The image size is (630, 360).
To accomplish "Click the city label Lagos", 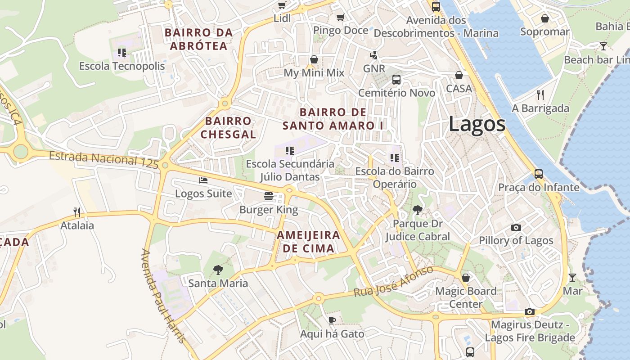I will coord(477,124).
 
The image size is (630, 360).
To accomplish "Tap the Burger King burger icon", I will coord(269,196).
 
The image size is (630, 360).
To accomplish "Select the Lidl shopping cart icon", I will coord(282,5).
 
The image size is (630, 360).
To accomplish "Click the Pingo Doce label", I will coord(341,30).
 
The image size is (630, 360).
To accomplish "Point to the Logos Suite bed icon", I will coord(203,180).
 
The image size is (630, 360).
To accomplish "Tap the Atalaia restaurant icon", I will coord(77,212).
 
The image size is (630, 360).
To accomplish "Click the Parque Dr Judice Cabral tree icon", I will coord(418,210).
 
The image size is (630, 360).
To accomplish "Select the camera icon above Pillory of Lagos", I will coord(516,227).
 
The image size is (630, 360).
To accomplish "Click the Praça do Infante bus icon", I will coord(538,174).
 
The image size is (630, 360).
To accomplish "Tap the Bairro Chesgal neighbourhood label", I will coord(228,127).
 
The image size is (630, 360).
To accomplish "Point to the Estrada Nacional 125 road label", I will coord(103,160).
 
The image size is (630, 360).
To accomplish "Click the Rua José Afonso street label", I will coord(393,281).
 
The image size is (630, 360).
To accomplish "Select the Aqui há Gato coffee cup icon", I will coord(332,320).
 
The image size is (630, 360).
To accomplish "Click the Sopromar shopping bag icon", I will coord(544,18).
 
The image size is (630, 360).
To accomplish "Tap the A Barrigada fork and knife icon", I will coord(540,95).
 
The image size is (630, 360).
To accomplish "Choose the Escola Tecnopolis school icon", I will coord(122,53).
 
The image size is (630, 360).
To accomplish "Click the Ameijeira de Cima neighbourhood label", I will coord(308,242).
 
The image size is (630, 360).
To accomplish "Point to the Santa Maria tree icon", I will coord(218,270).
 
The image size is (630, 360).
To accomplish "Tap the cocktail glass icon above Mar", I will coord(572,277).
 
